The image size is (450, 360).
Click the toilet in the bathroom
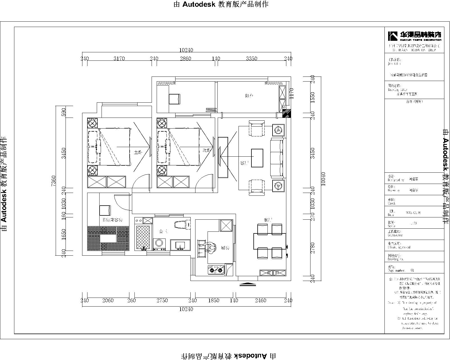[180, 225]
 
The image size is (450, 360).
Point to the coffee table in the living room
[257, 158]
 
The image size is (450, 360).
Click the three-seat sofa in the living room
[277, 157]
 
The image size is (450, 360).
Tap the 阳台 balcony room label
[249, 96]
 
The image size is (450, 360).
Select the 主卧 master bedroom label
[138, 152]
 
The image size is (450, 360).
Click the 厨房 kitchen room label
[226, 248]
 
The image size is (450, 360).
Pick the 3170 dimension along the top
[119, 58]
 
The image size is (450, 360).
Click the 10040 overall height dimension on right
[323, 179]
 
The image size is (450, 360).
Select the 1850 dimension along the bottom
[213, 300]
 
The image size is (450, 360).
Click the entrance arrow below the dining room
[247, 284]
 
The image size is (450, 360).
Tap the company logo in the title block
[414, 36]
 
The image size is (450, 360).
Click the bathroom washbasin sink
[180, 245]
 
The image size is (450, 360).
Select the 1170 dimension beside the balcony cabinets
[291, 93]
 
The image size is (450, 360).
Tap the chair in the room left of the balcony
[174, 99]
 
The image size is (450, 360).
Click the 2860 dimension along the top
[185, 58]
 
